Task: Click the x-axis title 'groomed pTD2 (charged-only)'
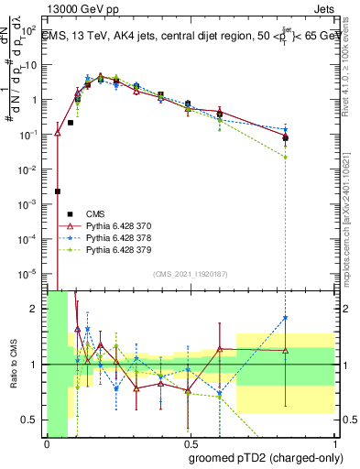coord(266,458)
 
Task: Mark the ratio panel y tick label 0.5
coord(31,420)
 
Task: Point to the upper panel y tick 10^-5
coord(31,273)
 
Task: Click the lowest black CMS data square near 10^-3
coord(58,191)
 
